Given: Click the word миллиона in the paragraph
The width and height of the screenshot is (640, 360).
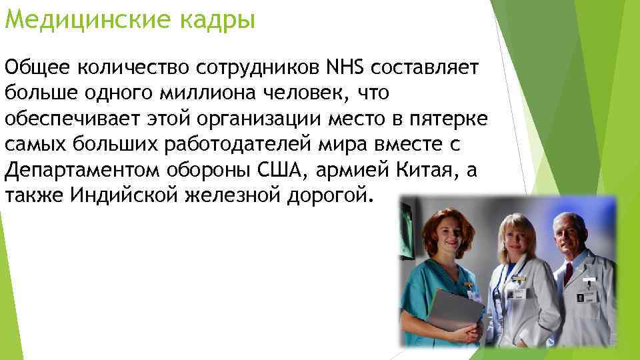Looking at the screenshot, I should (206, 93).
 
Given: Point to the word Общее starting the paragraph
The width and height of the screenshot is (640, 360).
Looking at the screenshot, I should (37, 67).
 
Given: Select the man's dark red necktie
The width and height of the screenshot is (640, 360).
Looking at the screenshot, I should (568, 273).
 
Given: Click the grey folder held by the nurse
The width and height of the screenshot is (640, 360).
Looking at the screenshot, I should (453, 309).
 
